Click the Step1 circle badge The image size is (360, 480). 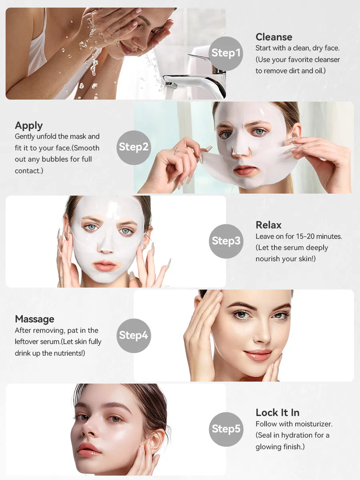226,54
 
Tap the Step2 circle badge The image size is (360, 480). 134,148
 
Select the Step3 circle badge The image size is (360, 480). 226,241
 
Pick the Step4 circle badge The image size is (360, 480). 134,336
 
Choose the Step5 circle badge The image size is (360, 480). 226,430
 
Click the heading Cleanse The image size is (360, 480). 274,37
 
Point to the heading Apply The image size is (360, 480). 29,126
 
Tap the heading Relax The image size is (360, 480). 269,225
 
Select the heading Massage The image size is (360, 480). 34,319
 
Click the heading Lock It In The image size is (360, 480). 278,413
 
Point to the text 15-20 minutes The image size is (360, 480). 319,236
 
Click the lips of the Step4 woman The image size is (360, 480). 258,355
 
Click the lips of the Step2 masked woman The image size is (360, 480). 244,170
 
